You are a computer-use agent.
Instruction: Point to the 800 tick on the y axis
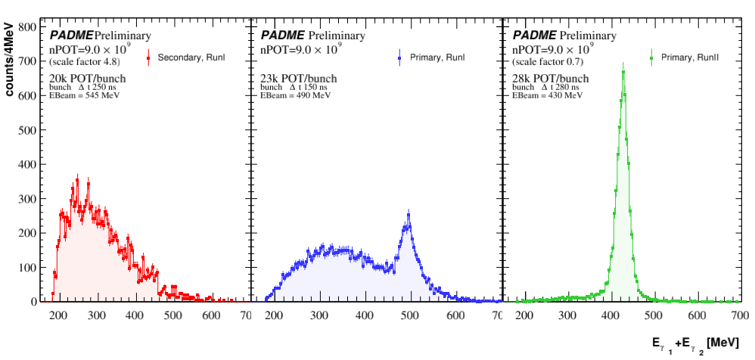[x=28, y=26]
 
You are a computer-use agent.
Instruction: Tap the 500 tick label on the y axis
[x=28, y=129]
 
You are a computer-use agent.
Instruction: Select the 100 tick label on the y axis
[x=28, y=267]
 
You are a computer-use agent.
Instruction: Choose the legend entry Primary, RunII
[x=689, y=57]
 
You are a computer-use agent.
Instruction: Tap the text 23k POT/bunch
[x=299, y=79]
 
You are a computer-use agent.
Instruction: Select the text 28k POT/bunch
[x=551, y=79]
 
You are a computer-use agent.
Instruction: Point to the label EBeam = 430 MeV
[x=549, y=97]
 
